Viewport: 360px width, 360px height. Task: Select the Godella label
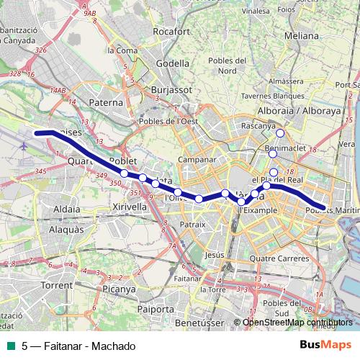tap(173, 63)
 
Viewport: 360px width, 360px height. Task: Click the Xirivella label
tap(130, 206)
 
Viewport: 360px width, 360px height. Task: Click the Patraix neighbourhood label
tap(192, 224)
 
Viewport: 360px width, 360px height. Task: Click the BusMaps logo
tap(325, 345)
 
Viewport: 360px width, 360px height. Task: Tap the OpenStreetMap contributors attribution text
tap(298, 322)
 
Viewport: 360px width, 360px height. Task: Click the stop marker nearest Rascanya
tap(280, 133)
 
